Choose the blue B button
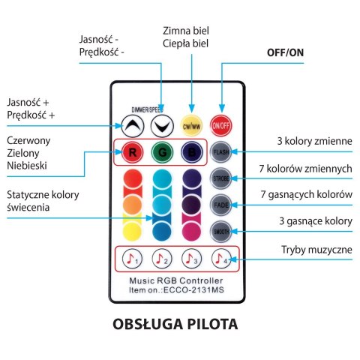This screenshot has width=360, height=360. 191,152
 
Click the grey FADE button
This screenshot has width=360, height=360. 220,205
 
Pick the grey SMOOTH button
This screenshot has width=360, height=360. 220,230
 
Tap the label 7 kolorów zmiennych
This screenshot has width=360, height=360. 315,169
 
